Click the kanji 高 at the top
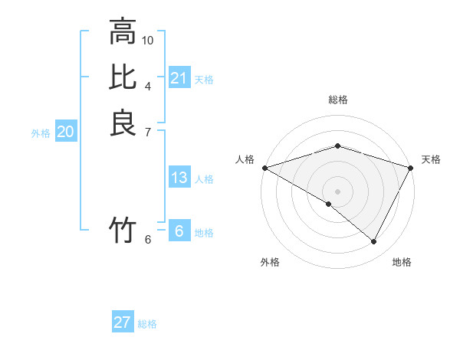(123, 32)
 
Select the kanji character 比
(123, 77)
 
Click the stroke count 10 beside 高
(148, 40)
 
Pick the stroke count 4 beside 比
(148, 86)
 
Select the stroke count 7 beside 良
(148, 131)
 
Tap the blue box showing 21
(179, 77)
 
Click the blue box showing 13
(179, 178)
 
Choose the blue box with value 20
(65, 133)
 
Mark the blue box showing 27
(122, 322)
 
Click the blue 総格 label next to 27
(147, 324)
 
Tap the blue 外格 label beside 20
(41, 133)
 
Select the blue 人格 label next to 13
(204, 179)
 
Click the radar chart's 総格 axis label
(337, 100)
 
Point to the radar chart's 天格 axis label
(431, 159)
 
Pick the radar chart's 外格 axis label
(270, 262)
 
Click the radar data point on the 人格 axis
(264, 168)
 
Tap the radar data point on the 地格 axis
(374, 242)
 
